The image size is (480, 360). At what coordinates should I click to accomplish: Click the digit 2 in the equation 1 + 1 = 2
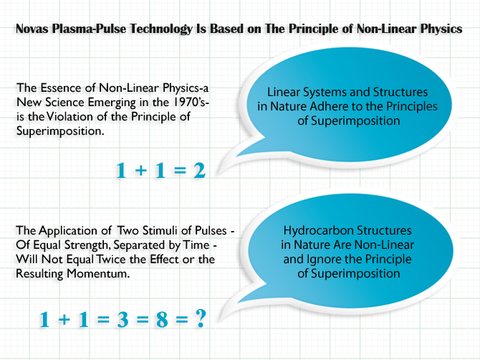pyautogui.click(x=199, y=171)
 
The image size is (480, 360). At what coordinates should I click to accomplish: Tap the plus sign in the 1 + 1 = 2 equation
pyautogui.click(x=141, y=171)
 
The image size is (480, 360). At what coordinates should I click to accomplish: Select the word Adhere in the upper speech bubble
pyautogui.click(x=328, y=106)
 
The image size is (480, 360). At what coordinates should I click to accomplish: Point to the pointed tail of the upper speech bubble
pyautogui.click(x=219, y=175)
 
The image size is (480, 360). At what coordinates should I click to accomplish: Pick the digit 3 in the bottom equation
pyautogui.click(x=123, y=319)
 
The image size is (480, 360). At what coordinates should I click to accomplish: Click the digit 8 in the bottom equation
pyautogui.click(x=162, y=319)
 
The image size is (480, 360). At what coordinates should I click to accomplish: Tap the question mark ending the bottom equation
pyautogui.click(x=201, y=318)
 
